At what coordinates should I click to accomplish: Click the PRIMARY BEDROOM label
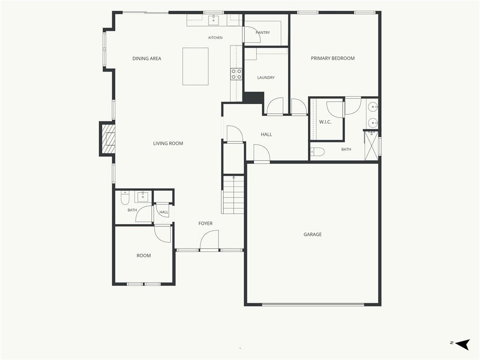[x=333, y=58]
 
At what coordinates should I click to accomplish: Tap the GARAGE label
[x=313, y=234]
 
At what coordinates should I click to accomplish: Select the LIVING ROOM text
[x=168, y=143]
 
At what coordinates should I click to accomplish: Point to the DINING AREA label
[x=147, y=59]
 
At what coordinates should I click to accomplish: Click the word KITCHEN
[x=216, y=37]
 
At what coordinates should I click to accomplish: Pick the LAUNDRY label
[x=266, y=78]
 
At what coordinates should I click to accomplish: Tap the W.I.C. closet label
[x=325, y=122]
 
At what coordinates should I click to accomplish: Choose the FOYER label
[x=205, y=224]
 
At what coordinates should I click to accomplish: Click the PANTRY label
[x=263, y=32]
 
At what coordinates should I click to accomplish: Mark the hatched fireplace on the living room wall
[x=107, y=139]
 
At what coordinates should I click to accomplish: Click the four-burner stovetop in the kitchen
[x=236, y=74]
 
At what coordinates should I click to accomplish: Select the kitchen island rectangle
[x=195, y=67]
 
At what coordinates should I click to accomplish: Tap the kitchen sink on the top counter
[x=213, y=20]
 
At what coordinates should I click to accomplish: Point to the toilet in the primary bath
[x=317, y=151]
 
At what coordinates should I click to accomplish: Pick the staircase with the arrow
[x=233, y=195]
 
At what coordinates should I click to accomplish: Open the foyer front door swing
[x=210, y=240]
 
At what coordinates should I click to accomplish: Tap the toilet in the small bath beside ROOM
[x=125, y=198]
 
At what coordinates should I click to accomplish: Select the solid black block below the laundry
[x=254, y=97]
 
